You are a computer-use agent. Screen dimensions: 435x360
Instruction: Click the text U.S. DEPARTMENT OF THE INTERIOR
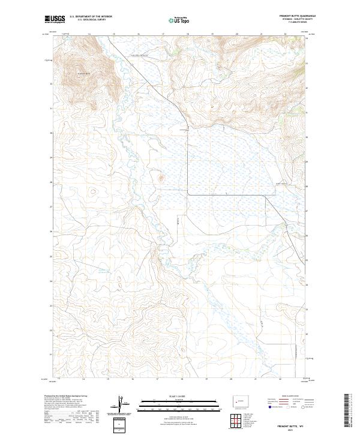(x=91, y=16)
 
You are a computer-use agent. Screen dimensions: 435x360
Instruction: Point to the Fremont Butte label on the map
(x=83, y=74)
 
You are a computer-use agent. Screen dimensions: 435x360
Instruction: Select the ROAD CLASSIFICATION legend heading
(x=289, y=397)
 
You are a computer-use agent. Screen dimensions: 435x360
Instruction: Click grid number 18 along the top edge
(x=188, y=35)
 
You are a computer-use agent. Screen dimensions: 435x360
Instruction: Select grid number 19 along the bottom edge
(x=206, y=379)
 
